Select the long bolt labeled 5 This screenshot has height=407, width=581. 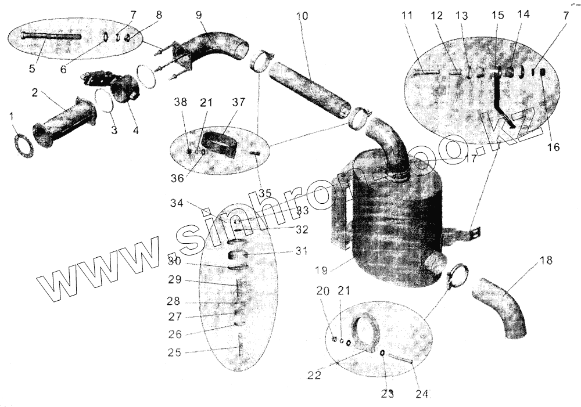pyautogui.click(x=50, y=36)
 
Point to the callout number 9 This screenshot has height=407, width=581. pyautogui.click(x=198, y=13)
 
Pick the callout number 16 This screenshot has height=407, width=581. pyautogui.click(x=553, y=147)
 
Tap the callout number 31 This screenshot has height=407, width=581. pyautogui.click(x=300, y=251)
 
